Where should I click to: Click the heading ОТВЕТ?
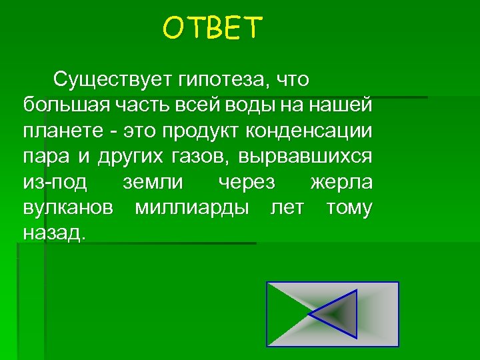[213, 29]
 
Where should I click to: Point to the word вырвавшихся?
[309, 157]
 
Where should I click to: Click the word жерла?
[341, 183]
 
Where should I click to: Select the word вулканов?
[67, 208]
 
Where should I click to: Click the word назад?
[54, 233]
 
